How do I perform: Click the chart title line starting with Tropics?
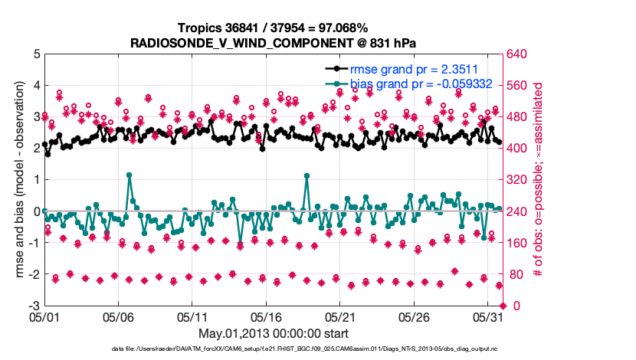(272, 28)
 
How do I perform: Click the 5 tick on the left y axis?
(36, 54)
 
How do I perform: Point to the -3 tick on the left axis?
(34, 306)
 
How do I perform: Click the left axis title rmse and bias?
(18, 180)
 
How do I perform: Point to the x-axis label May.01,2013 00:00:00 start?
(272, 333)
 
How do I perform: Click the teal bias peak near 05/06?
(129, 175)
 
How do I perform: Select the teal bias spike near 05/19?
(307, 175)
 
